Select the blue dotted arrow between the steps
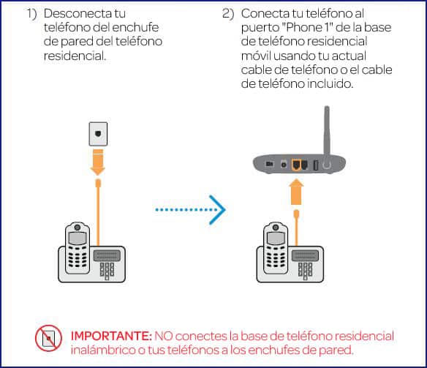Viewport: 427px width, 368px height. pyautogui.click(x=189, y=210)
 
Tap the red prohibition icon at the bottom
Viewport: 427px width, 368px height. pyautogui.click(x=48, y=338)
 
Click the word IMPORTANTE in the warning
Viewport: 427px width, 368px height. pyautogui.click(x=110, y=336)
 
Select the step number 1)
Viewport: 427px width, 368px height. pyautogui.click(x=32, y=15)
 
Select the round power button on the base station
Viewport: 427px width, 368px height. pyautogui.click(x=327, y=165)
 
